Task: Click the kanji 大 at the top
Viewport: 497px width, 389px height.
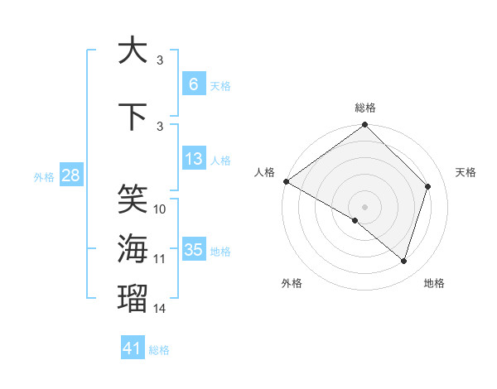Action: [x=133, y=50]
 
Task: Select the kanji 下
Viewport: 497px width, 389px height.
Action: [x=133, y=118]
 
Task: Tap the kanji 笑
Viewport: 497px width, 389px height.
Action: [x=133, y=199]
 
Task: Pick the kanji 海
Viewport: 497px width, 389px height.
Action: [x=133, y=248]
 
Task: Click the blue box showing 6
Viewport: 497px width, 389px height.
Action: [x=193, y=84]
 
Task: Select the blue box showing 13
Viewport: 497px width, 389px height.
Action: [x=193, y=159]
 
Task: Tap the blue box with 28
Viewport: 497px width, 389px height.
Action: [x=70, y=175]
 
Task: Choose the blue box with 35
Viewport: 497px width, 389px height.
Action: [x=193, y=250]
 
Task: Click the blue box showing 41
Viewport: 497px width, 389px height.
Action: [x=133, y=348]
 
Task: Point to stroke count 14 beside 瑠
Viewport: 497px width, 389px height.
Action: [x=160, y=309]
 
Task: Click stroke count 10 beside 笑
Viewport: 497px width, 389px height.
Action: [x=160, y=209]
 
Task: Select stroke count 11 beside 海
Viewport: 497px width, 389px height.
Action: [x=160, y=259]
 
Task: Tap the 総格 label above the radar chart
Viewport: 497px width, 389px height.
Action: [x=365, y=108]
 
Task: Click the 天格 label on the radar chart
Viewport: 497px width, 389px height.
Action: [x=466, y=172]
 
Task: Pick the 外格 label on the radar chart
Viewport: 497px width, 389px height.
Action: [x=292, y=284]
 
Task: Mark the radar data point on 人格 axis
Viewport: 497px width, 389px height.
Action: [x=286, y=181]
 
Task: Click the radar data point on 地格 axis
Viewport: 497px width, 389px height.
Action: [x=404, y=262]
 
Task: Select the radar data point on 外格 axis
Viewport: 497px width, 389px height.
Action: [x=355, y=220]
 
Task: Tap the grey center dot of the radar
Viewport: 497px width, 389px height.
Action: [x=365, y=206]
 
